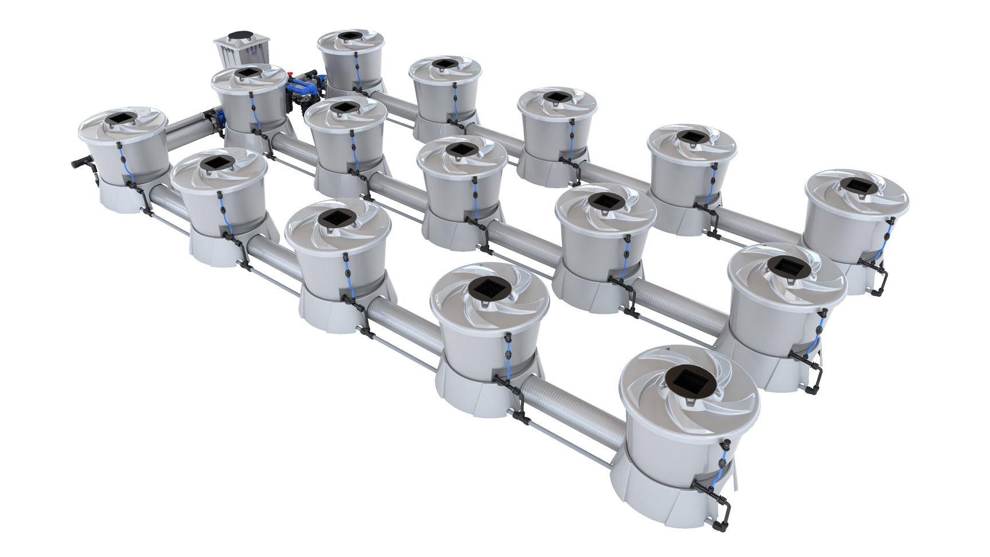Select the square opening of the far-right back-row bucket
tap(855, 185)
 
